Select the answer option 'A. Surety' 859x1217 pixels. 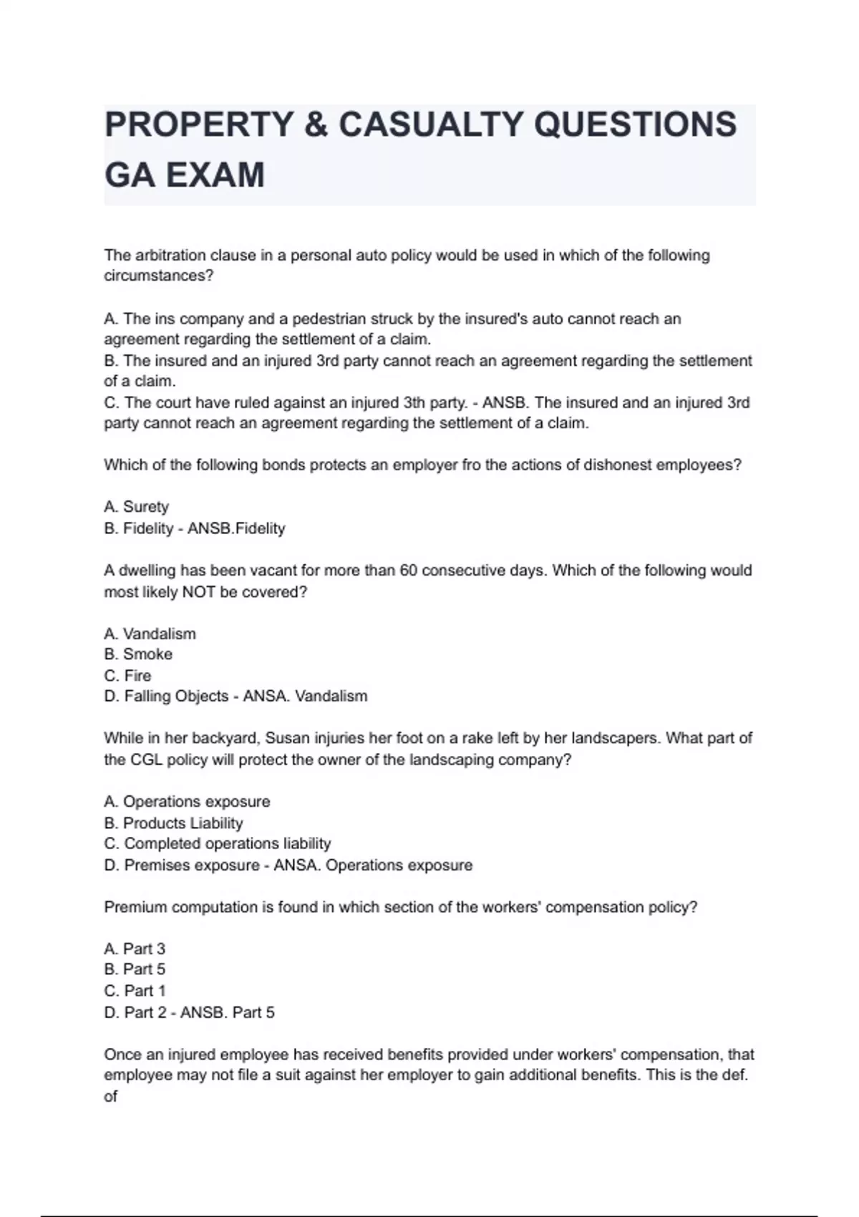(136, 507)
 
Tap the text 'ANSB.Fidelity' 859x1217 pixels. (236, 528)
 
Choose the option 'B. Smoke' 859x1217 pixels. (138, 654)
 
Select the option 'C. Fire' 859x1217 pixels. (127, 676)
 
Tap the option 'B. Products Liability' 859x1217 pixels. (173, 823)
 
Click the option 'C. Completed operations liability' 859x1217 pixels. (217, 844)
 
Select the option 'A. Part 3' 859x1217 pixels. (135, 949)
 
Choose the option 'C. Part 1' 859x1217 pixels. (135, 991)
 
